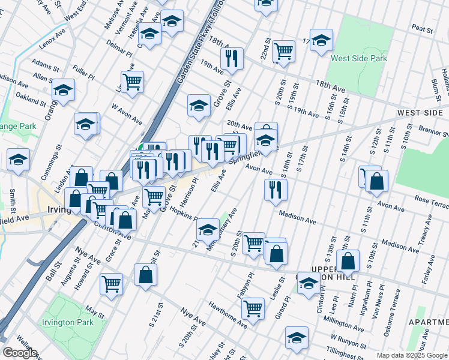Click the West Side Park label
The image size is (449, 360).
(358, 58)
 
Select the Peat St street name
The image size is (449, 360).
(423, 28)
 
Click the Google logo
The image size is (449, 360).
(19, 352)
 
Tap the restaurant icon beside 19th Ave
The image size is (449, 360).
(231, 58)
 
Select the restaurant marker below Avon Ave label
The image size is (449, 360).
(276, 189)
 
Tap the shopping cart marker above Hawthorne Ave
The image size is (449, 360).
(253, 308)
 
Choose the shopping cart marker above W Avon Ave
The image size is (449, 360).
(132, 81)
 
